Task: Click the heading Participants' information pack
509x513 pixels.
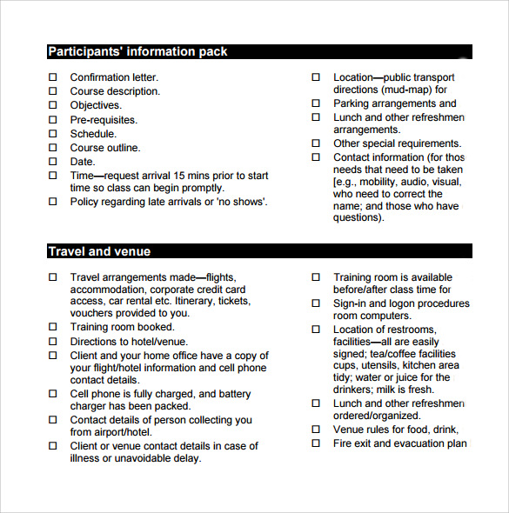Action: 137,51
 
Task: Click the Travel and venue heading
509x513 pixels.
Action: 99,251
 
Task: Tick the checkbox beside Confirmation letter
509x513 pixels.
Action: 52,77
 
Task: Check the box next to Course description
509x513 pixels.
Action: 52,91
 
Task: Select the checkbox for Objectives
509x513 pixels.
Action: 52,105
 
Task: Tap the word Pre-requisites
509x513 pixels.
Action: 104,120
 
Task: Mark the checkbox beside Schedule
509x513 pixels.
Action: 52,134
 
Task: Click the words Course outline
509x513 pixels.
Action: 104,148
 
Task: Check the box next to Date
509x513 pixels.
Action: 52,162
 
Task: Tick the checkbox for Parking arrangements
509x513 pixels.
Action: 316,103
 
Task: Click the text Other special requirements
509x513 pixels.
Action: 397,143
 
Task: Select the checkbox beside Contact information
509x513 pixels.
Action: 316,157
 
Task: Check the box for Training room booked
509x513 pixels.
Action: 52,327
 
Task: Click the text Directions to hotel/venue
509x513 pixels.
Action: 129,342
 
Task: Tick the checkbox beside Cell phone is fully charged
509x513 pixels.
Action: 52,394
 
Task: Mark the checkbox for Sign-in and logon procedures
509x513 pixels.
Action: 316,303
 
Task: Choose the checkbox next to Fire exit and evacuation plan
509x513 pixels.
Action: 316,443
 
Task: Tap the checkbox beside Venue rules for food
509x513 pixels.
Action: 316,430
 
